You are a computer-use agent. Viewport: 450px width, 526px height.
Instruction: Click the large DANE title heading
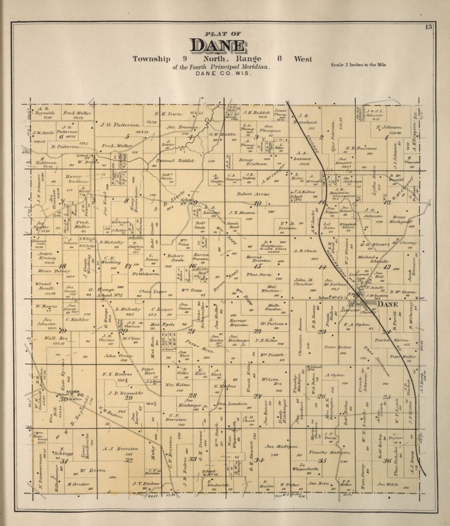[x=217, y=46]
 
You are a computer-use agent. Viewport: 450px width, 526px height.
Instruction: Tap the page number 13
[x=428, y=27]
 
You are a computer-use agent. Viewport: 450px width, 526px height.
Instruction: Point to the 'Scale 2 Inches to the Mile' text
[x=359, y=65]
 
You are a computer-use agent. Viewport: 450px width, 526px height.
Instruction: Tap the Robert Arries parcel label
[x=253, y=194]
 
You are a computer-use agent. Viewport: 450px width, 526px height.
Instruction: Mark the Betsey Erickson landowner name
[x=249, y=162]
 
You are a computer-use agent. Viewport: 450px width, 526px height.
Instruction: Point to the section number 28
[x=192, y=395]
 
